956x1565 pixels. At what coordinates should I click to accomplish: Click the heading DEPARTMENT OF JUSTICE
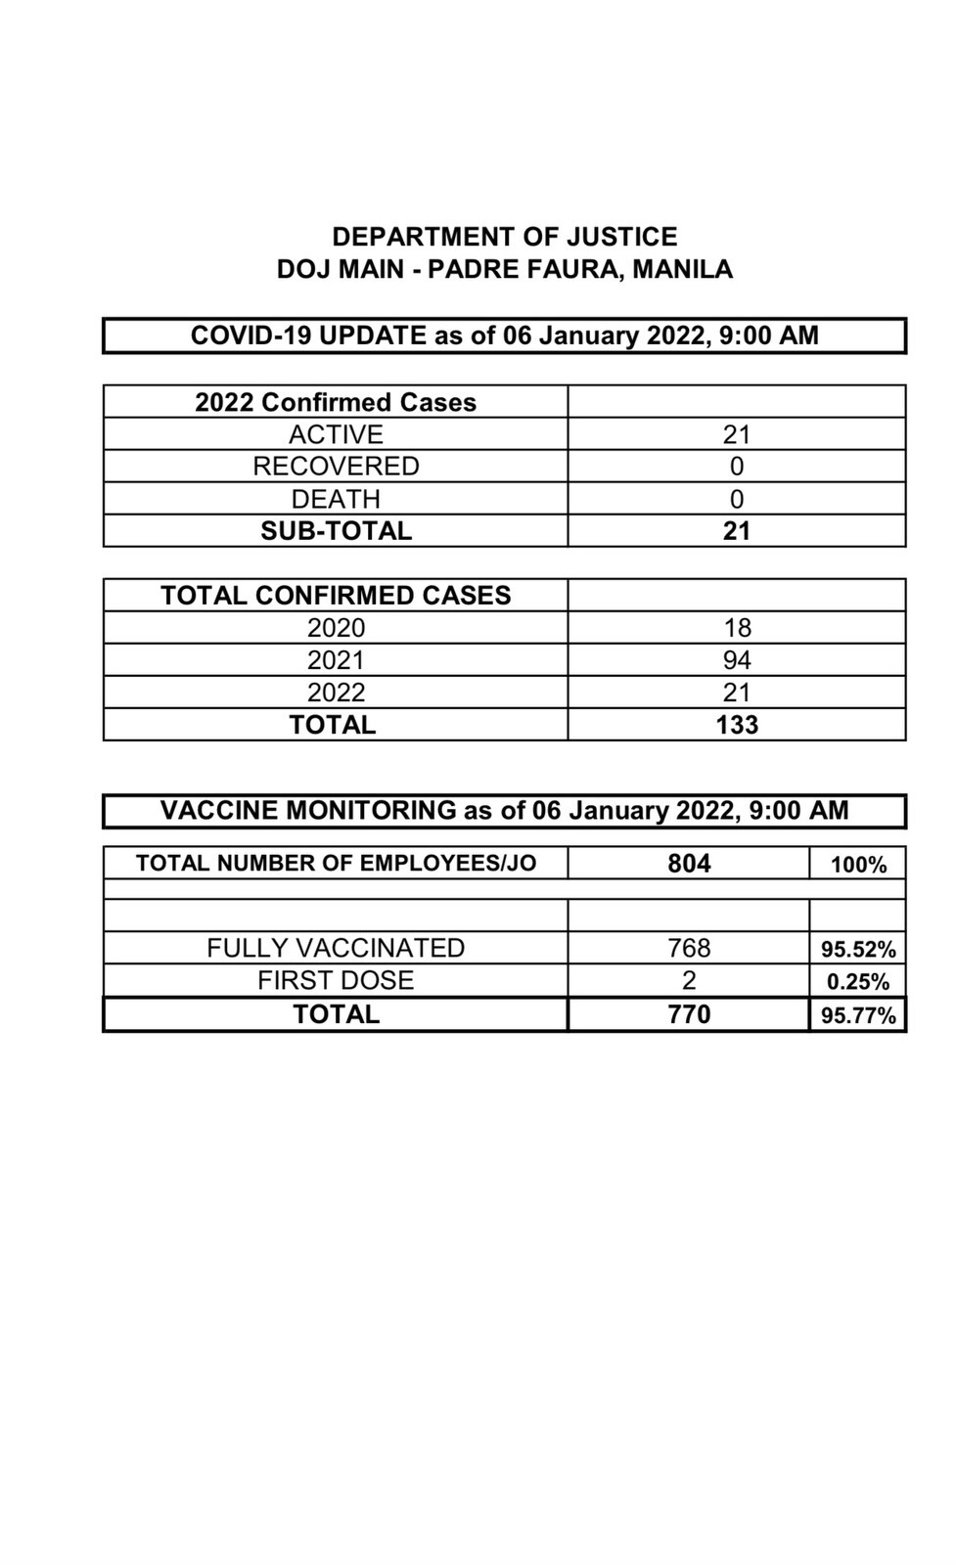[x=504, y=237]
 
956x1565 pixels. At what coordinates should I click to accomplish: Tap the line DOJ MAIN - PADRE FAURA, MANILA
[x=504, y=269]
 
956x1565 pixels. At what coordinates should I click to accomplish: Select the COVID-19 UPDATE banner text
[x=504, y=335]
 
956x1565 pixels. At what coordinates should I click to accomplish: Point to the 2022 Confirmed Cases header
[x=335, y=402]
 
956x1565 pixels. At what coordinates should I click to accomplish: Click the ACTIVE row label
[x=335, y=434]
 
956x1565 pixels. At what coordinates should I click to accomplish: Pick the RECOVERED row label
[x=335, y=467]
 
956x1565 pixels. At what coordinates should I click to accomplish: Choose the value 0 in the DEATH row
[x=736, y=499]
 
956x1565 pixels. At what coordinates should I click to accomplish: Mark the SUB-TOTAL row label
[x=335, y=531]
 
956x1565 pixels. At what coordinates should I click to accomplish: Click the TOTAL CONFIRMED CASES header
[x=335, y=596]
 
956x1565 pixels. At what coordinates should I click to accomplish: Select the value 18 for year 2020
[x=736, y=628]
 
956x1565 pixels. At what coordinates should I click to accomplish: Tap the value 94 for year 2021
[x=736, y=660]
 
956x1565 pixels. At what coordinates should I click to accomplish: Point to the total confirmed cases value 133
[x=736, y=725]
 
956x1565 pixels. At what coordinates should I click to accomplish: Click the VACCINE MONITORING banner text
[x=504, y=811]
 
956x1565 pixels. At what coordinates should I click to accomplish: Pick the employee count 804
[x=689, y=864]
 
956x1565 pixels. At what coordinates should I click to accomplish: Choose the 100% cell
[x=857, y=865]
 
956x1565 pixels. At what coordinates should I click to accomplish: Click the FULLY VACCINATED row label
[x=335, y=948]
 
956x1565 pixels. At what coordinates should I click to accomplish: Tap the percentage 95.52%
[x=857, y=950]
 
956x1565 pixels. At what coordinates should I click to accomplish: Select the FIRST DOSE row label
[x=335, y=980]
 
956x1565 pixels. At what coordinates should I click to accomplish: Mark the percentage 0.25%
[x=857, y=982]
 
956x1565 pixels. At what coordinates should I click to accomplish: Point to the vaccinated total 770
[x=689, y=1014]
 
